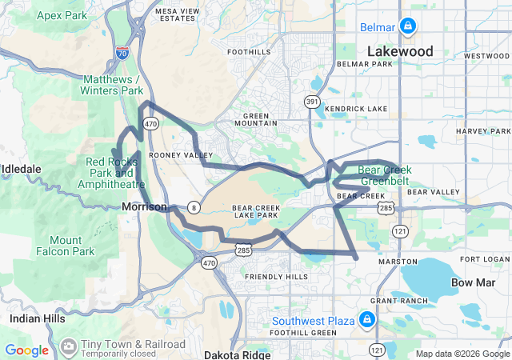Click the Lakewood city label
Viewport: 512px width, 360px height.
point(400,51)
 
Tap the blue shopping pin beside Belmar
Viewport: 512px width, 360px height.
point(408,26)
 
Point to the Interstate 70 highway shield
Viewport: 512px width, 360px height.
point(122,53)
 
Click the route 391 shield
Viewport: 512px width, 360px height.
point(311,102)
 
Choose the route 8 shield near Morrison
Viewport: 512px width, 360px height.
point(194,207)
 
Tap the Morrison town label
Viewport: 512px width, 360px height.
point(145,206)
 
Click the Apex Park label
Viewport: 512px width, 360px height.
point(60,15)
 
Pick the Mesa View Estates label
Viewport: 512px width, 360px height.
point(178,14)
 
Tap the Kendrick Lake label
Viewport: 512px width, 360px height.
point(356,108)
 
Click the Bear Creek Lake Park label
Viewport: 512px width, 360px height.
point(255,211)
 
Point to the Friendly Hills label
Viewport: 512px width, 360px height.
point(276,276)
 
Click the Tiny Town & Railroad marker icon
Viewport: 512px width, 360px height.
point(69,345)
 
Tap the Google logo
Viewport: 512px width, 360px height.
point(27,350)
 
